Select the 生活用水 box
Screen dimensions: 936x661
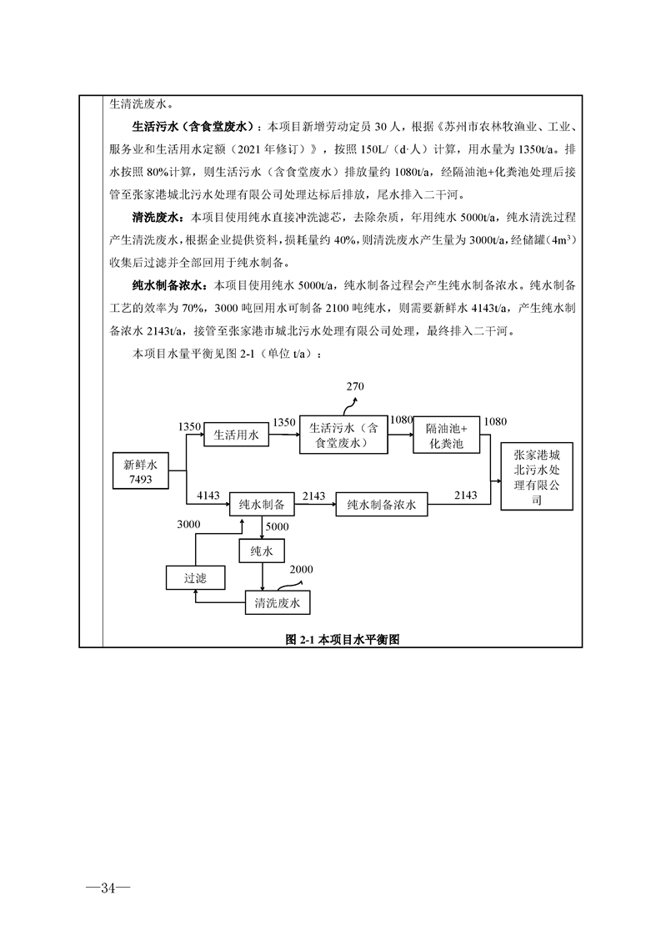pos(237,435)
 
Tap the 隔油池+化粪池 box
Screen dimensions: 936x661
pos(447,435)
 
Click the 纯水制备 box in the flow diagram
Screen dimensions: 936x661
pos(262,505)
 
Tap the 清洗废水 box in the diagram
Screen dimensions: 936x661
pos(278,602)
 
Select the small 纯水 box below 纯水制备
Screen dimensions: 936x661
pos(262,551)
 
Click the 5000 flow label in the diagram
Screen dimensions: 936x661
pos(277,527)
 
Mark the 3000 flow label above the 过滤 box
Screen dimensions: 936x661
pos(189,524)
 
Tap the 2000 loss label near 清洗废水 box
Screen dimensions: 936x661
pos(301,570)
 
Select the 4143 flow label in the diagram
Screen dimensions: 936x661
pos(208,496)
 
